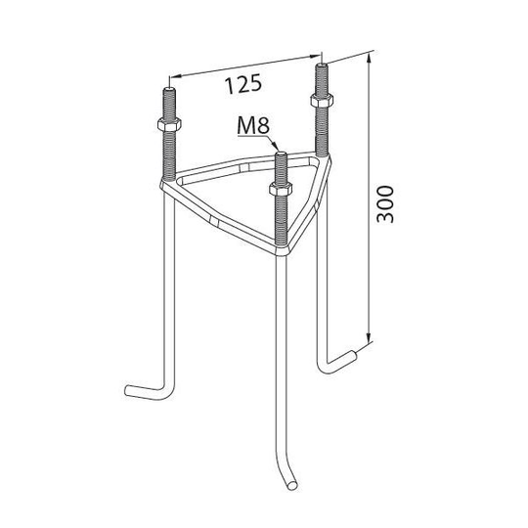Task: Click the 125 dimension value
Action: (243, 84)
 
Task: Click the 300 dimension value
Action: (385, 204)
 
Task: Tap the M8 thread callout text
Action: (253, 126)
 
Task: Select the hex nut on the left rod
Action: (169, 124)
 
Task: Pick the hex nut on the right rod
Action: (322, 100)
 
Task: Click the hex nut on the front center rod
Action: (281, 189)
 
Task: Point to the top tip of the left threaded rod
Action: (169, 89)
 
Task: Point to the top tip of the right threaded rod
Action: (322, 65)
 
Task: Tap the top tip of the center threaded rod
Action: (281, 154)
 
